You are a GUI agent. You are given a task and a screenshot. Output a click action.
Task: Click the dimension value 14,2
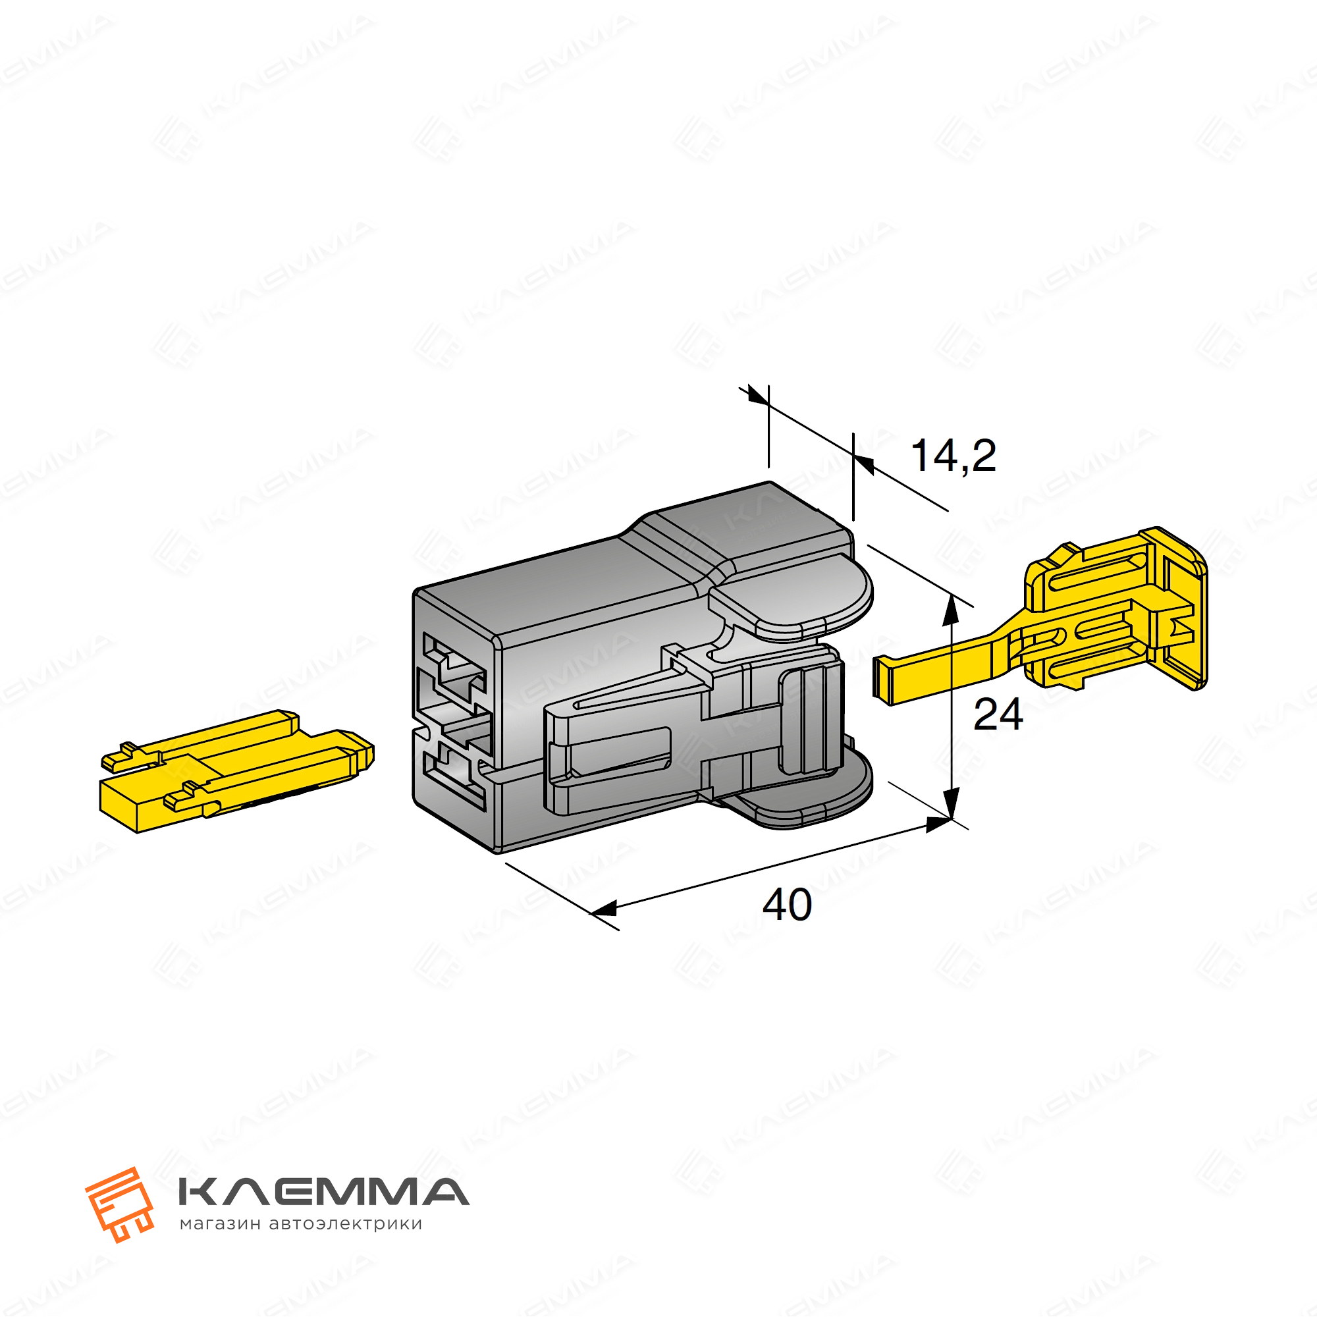pyautogui.click(x=953, y=456)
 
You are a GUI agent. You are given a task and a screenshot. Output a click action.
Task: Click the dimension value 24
pyautogui.click(x=998, y=715)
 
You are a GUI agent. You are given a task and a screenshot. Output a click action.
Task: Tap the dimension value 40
pyautogui.click(x=788, y=905)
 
